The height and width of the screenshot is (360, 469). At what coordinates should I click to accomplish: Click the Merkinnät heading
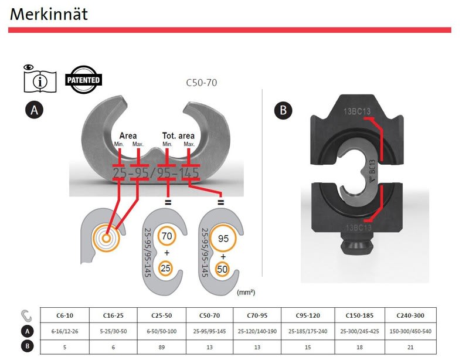click(x=49, y=14)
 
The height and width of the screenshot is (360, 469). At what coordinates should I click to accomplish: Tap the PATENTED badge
click(x=83, y=80)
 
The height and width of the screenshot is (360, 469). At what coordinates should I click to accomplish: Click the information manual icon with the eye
click(x=39, y=79)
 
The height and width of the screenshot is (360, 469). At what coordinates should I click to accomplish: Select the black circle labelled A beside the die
click(x=34, y=110)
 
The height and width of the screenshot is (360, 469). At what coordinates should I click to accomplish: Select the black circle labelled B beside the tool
click(x=283, y=110)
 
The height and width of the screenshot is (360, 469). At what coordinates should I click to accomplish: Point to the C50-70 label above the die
click(x=201, y=83)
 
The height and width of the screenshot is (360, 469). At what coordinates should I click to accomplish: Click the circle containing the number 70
click(x=166, y=236)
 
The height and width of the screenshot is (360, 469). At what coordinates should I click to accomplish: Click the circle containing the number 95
click(x=223, y=238)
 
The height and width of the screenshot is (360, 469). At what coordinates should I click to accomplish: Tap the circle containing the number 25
click(x=165, y=268)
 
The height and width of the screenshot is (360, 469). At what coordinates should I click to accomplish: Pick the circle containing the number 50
click(x=222, y=269)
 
